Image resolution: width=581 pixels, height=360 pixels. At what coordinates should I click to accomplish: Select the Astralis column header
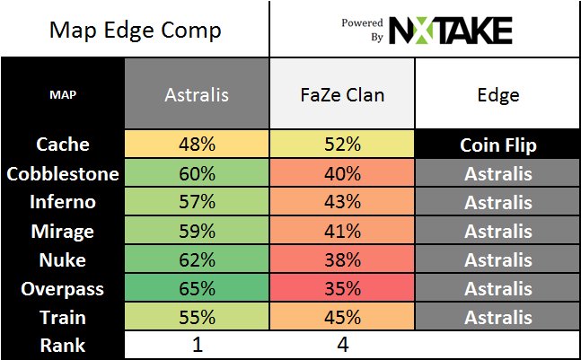[x=197, y=94]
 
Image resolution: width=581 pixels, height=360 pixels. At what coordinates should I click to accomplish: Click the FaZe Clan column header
[x=341, y=94]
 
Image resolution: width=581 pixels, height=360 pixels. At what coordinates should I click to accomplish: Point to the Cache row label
[x=63, y=145]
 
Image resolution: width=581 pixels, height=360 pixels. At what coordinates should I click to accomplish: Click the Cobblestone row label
[x=63, y=173]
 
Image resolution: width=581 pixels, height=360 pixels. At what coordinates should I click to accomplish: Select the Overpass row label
[x=63, y=288]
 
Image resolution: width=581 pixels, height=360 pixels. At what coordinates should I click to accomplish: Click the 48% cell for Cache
[x=197, y=145]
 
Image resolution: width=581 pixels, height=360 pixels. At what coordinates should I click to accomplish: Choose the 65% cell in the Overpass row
[x=197, y=288]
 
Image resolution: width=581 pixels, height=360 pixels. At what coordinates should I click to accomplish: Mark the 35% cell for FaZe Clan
[x=341, y=288]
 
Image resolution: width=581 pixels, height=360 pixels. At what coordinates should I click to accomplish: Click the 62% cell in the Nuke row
[x=197, y=259]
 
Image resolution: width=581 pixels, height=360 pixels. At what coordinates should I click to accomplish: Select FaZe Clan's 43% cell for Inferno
[x=341, y=202]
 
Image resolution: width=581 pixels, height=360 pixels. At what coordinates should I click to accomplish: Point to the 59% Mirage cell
[x=197, y=231]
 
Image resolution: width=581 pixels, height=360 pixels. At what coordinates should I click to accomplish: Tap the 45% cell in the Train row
[x=341, y=317]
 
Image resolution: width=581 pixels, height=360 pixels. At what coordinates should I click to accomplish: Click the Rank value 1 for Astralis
[x=197, y=345]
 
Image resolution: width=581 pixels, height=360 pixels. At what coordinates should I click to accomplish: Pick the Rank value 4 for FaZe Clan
[x=341, y=345]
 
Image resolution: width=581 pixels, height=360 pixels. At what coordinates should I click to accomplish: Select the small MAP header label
[x=63, y=94]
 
